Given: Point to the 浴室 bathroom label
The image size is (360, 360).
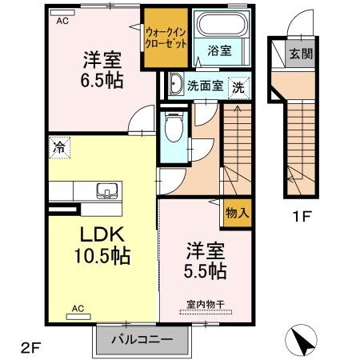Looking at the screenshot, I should pyautogui.click(x=218, y=50).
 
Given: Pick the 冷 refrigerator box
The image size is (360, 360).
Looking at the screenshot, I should pyautogui.click(x=58, y=146).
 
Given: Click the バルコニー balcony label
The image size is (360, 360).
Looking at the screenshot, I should pyautogui.click(x=145, y=339).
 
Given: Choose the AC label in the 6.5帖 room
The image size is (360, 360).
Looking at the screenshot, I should pyautogui.click(x=62, y=22).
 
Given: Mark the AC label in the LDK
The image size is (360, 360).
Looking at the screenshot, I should pyautogui.click(x=78, y=307).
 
